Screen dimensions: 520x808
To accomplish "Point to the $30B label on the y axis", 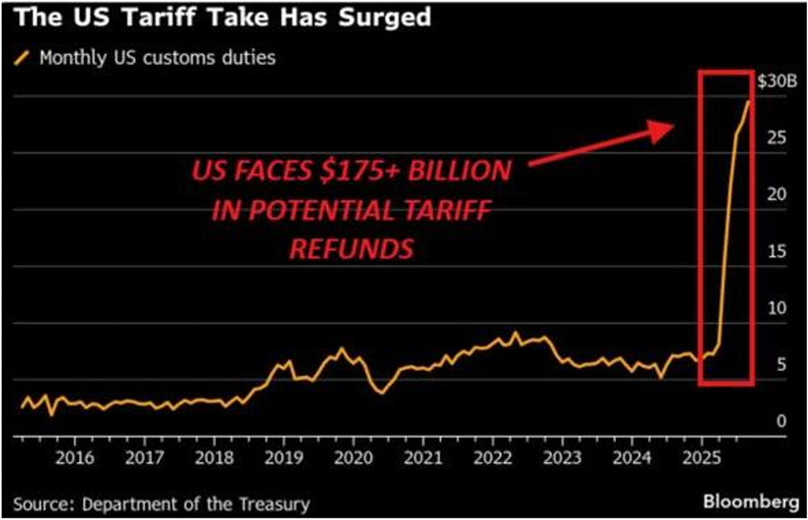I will (x=774, y=82).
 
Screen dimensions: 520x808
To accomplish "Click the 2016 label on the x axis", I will (x=74, y=458).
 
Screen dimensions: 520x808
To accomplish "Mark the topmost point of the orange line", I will (x=748, y=100).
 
